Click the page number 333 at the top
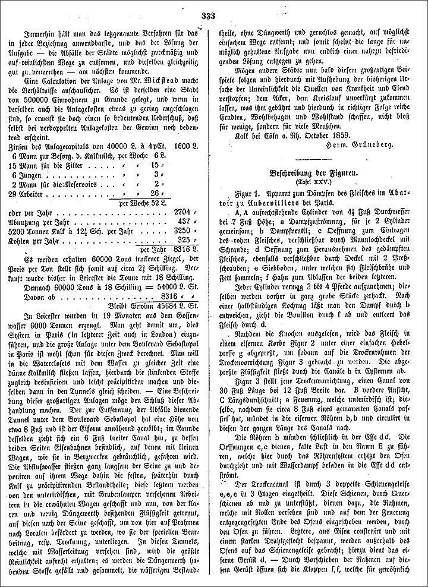(x=208, y=15)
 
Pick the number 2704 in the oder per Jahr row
(x=181, y=211)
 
